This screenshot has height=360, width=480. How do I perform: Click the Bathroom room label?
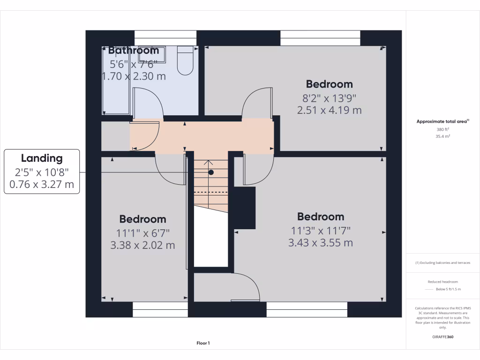pyautogui.click(x=134, y=50)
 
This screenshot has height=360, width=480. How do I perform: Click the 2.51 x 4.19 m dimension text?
pyautogui.click(x=329, y=110)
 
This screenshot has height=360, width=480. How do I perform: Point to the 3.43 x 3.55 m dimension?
pyautogui.click(x=321, y=243)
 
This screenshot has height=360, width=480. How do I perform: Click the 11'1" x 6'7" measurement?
pyautogui.click(x=143, y=232)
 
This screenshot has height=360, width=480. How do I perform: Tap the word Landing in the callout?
pyautogui.click(x=42, y=158)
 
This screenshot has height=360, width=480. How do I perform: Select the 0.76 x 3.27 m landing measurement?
pyautogui.click(x=42, y=184)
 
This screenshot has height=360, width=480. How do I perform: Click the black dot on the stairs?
pyautogui.click(x=211, y=172)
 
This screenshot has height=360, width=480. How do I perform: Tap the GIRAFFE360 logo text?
pyautogui.click(x=443, y=337)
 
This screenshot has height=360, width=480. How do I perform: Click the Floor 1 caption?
pyautogui.click(x=203, y=343)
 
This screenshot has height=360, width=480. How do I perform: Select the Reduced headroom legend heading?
pyautogui.click(x=442, y=282)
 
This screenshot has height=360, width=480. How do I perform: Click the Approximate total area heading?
pyautogui.click(x=442, y=121)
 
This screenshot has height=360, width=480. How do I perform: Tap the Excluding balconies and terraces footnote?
pyautogui.click(x=442, y=262)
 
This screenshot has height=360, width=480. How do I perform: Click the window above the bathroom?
pyautogui.click(x=165, y=37)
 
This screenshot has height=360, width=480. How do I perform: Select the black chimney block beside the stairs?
pyautogui.click(x=244, y=207)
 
